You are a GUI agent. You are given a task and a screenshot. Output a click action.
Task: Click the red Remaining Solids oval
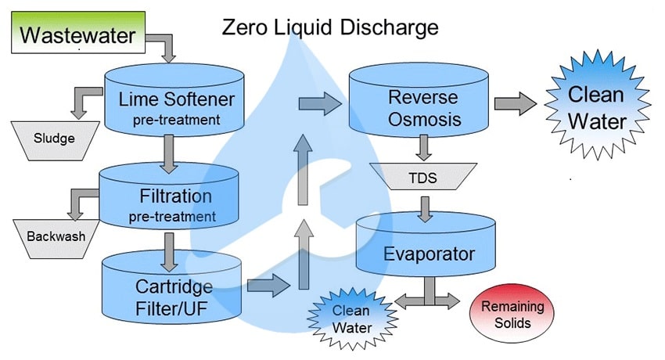(x=505, y=312)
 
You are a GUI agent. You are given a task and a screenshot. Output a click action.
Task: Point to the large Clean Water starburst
(x=596, y=108)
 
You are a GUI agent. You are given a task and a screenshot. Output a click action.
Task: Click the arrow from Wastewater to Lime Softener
(x=165, y=45)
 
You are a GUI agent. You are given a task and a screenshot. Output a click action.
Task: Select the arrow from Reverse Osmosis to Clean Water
(x=513, y=103)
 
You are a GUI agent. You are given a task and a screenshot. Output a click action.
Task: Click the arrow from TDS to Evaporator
(x=426, y=207)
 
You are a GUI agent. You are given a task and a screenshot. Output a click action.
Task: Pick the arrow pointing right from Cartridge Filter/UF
(x=267, y=286)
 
